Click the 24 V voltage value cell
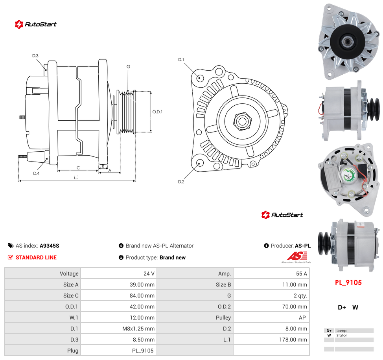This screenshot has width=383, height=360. point(149,274)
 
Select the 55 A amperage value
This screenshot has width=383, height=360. point(302,274)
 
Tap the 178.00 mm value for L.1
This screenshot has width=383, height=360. point(293,340)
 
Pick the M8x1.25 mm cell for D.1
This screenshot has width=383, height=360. point(138,329)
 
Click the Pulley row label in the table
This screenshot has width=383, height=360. point(223,318)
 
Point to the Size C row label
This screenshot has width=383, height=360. point(71,296)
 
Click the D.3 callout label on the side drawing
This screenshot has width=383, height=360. point(35,56)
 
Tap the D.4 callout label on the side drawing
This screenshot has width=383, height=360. point(36,173)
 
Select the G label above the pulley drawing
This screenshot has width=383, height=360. point(128,66)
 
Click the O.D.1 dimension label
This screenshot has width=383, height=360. point(157,112)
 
